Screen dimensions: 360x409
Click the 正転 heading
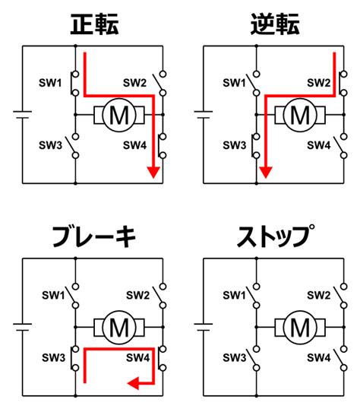click(x=94, y=24)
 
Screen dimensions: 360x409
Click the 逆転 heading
click(x=275, y=24)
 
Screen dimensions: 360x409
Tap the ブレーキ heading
click(x=94, y=236)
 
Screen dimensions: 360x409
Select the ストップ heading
click(x=275, y=236)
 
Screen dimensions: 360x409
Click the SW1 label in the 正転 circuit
click(x=50, y=83)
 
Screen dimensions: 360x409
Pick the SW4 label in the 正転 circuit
click(x=134, y=145)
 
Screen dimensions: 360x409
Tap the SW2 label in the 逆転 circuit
click(x=318, y=83)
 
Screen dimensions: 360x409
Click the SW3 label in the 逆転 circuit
click(x=235, y=145)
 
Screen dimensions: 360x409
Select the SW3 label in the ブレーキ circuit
click(x=53, y=357)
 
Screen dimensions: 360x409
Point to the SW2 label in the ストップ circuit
click(x=318, y=295)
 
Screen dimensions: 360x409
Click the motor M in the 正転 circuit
click(x=119, y=115)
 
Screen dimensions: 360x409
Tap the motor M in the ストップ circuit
click(x=300, y=328)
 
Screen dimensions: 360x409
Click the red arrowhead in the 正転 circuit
click(x=153, y=172)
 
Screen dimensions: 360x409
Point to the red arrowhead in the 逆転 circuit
click(x=266, y=172)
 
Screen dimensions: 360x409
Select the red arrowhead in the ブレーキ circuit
click(x=133, y=383)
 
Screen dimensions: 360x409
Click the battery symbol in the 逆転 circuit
click(x=204, y=115)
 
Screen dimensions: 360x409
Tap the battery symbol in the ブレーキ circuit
click(x=23, y=327)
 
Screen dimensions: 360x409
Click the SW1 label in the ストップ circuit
click(x=235, y=295)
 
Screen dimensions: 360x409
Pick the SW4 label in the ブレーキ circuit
click(x=138, y=357)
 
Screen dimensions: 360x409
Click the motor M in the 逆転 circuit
click(x=300, y=115)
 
